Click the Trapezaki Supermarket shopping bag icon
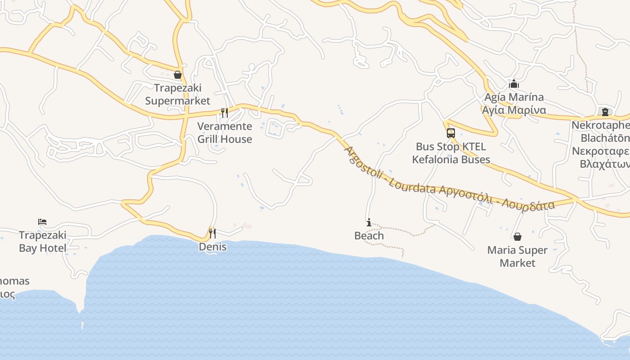coord(178,75)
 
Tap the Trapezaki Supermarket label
coord(177,94)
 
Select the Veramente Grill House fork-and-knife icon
coord(224,112)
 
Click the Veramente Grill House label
coord(225,133)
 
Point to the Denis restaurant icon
coord(212,233)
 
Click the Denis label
coord(213,247)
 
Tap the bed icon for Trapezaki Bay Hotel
coord(42,222)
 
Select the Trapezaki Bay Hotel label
coord(43,242)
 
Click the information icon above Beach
coord(369,222)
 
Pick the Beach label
coord(369,236)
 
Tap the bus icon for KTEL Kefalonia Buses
coord(450,133)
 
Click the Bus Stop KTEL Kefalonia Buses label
coord(451,153)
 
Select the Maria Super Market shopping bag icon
coord(517,237)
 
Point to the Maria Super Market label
coord(517,256)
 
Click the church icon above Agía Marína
coord(514,84)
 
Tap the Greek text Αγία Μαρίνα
coord(514,110)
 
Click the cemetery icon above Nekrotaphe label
coord(605,112)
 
